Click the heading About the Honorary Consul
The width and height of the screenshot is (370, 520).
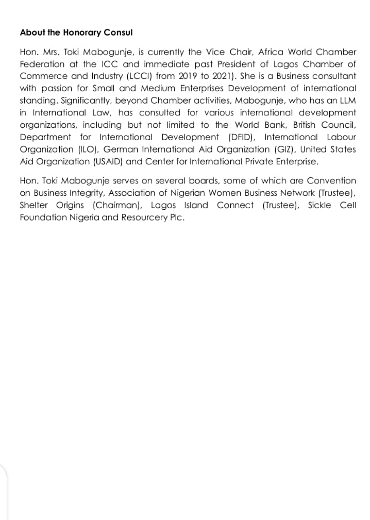76,32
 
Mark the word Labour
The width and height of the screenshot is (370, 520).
341,137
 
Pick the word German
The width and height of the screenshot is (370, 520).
119,149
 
